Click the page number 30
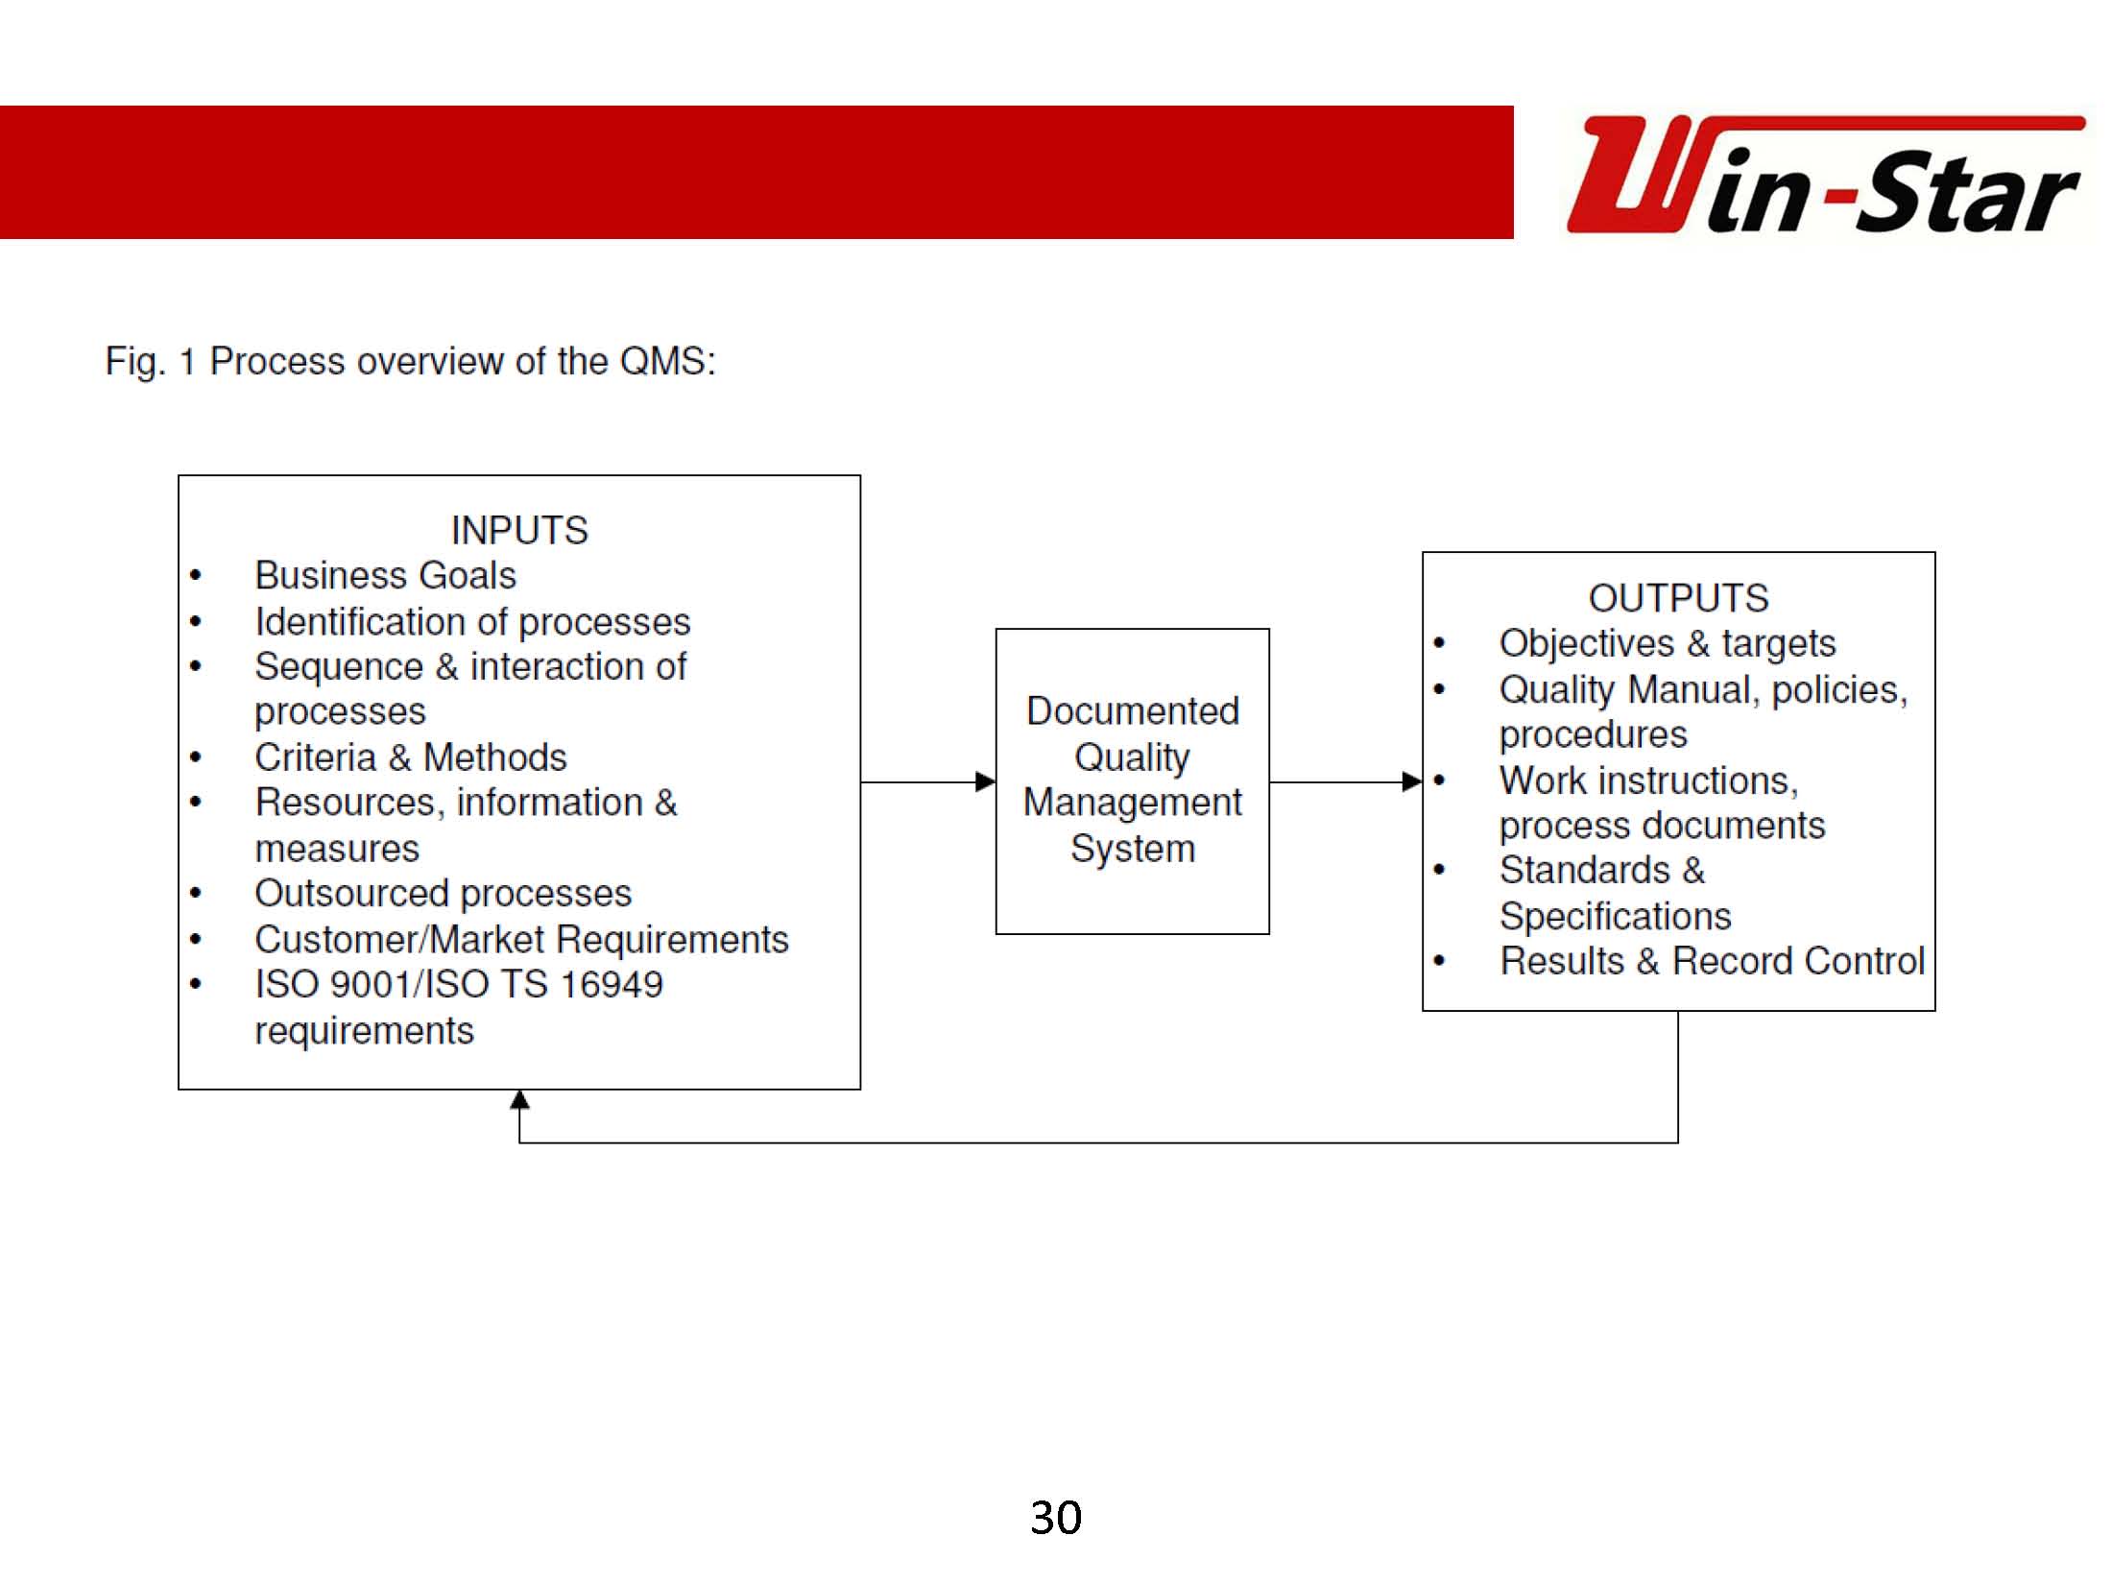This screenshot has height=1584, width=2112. pyautogui.click(x=1056, y=1518)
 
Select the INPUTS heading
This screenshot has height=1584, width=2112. pyautogui.click(x=519, y=530)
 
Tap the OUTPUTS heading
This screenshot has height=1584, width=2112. pyautogui.click(x=1678, y=598)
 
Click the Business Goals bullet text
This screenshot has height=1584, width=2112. pyautogui.click(x=385, y=575)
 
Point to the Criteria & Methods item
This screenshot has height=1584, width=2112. pyautogui.click(x=411, y=757)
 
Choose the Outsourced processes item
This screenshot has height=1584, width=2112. pyautogui.click(x=443, y=894)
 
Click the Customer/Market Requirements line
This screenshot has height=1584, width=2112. pyautogui.click(x=521, y=940)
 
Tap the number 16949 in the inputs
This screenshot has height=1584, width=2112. pyautogui.click(x=611, y=985)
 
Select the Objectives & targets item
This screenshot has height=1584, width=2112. pyautogui.click(x=1668, y=643)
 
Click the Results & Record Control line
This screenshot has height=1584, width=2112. pyautogui.click(x=1713, y=961)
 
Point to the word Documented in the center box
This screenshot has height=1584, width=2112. pyautogui.click(x=1133, y=711)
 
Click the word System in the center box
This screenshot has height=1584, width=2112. pyautogui.click(x=1133, y=849)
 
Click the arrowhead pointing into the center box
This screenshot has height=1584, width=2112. pyautogui.click(x=986, y=781)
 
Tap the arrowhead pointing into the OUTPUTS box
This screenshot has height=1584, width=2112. pyautogui.click(x=1412, y=781)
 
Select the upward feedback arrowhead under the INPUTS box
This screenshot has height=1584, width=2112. pyautogui.click(x=519, y=1100)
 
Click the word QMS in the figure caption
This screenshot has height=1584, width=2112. pyautogui.click(x=667, y=361)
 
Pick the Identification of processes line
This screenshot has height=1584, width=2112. pyautogui.click(x=472, y=622)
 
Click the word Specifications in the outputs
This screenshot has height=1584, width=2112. pyautogui.click(x=1616, y=916)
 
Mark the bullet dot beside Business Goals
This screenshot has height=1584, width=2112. pyautogui.click(x=196, y=576)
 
